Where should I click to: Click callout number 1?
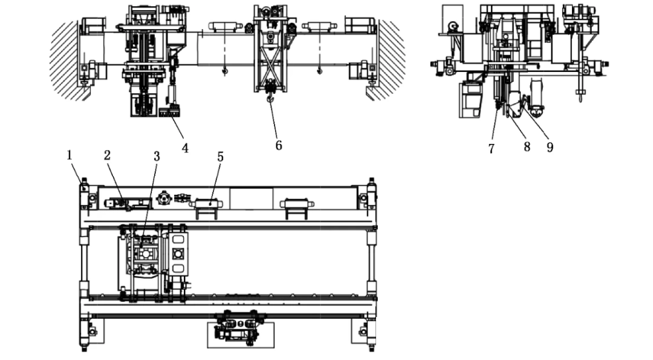[x=70, y=155]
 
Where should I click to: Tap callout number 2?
[x=107, y=155]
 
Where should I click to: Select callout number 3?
[x=156, y=156]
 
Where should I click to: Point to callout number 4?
[x=185, y=147]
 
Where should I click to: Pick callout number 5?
[x=220, y=157]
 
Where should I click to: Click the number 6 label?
[x=279, y=145]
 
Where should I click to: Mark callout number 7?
[x=492, y=148]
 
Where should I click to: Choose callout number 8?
[x=527, y=147]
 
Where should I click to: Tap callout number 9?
[x=550, y=147]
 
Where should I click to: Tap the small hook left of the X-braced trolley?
[x=224, y=71]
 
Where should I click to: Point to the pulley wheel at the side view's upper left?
[x=453, y=26]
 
